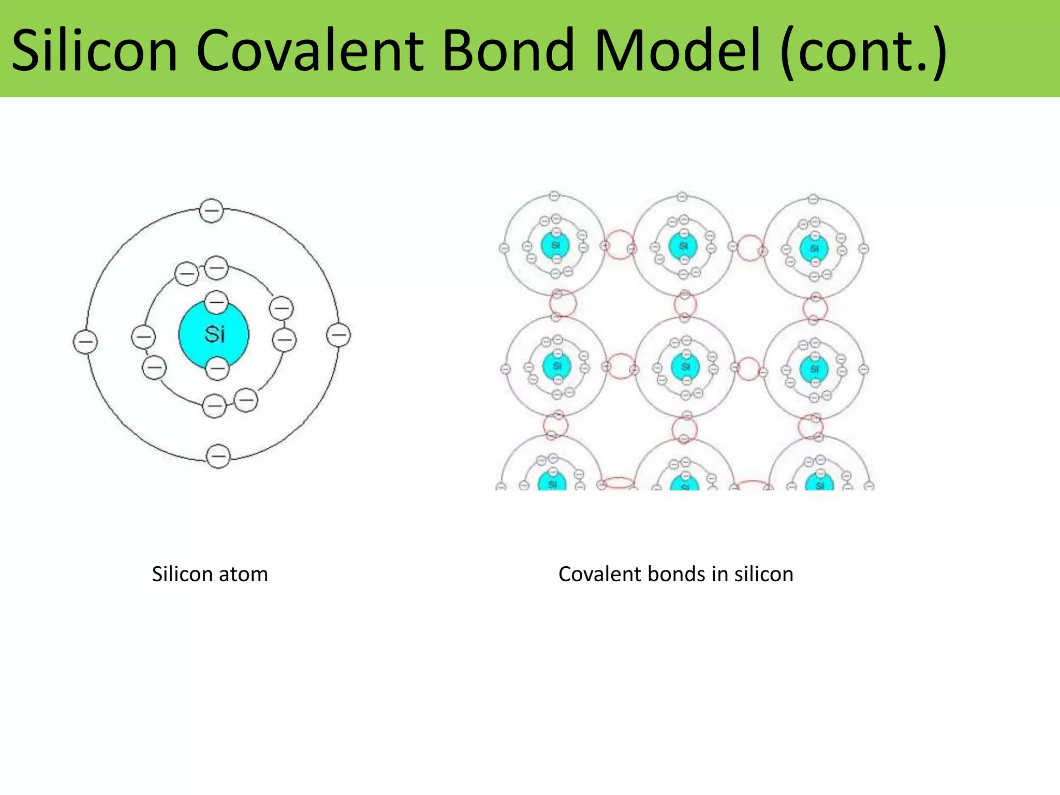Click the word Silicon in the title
[95, 50]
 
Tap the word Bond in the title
[508, 50]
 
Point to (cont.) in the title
[864, 50]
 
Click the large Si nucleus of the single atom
[214, 334]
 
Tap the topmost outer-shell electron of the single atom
[211, 211]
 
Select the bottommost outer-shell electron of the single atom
[218, 457]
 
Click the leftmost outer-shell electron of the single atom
[85, 342]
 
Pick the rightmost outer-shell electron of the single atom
[338, 335]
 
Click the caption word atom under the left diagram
[243, 575]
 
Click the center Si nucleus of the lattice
[685, 366]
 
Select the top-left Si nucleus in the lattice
[555, 245]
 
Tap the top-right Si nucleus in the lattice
[814, 248]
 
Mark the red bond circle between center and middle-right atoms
[748, 369]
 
